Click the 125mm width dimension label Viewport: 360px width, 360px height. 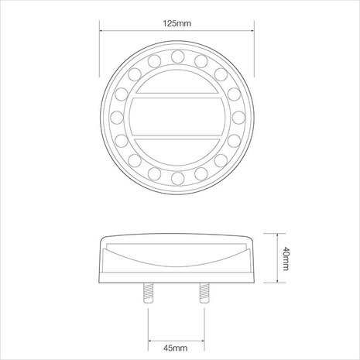177,23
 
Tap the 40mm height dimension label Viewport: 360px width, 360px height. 286,259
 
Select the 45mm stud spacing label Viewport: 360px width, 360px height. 176,348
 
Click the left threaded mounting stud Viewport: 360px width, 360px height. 148,293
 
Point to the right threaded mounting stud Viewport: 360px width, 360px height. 204,293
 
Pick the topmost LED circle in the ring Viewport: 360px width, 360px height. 177,57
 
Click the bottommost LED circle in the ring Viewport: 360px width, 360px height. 177,178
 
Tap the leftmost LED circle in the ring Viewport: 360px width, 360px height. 117,118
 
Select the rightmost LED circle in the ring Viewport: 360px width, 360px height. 238,118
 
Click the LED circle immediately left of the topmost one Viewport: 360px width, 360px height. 154,61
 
